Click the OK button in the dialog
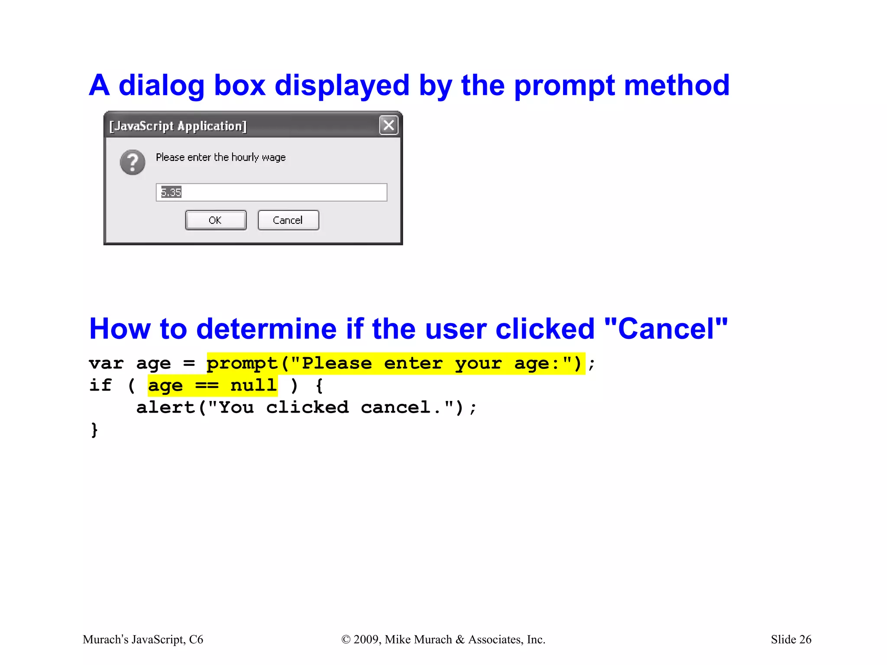tap(216, 220)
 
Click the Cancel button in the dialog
tap(288, 220)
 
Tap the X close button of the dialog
tap(388, 126)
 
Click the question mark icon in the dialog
tap(133, 162)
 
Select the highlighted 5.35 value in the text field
tap(171, 192)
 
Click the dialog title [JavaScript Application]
tap(178, 126)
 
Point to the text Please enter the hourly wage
tap(220, 157)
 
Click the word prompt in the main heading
tap(564, 86)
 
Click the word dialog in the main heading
tap(161, 86)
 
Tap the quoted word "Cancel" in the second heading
tap(666, 329)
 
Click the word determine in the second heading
tap(266, 329)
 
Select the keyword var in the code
tap(106, 363)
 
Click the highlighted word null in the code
tap(253, 385)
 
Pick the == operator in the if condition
tap(207, 385)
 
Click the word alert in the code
tap(165, 407)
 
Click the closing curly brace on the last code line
tap(94, 429)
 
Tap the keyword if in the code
tap(100, 385)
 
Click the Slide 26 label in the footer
tap(791, 639)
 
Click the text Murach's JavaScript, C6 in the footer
tap(143, 639)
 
